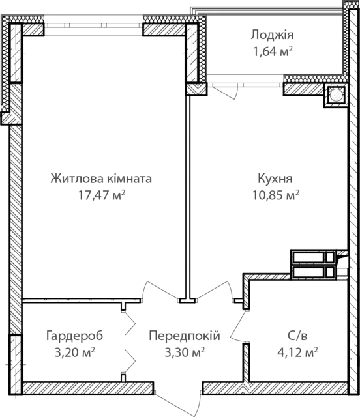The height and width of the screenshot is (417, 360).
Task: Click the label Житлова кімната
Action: (x=101, y=179)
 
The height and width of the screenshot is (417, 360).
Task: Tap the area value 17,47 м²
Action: (x=102, y=195)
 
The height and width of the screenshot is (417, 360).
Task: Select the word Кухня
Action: (x=275, y=179)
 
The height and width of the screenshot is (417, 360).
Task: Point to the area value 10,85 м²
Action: (x=276, y=195)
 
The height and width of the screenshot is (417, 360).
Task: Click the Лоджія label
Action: (x=272, y=35)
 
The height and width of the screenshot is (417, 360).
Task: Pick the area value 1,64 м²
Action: (x=273, y=51)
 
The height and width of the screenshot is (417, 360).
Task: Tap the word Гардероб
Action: (x=74, y=336)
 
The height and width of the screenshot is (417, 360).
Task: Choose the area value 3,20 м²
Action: (x=74, y=352)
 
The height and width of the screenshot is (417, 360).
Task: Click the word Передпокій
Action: (x=185, y=336)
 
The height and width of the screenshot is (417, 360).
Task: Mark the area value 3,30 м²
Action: (x=185, y=352)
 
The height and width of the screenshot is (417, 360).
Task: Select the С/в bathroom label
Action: (x=297, y=336)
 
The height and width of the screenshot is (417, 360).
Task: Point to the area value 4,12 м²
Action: (x=297, y=352)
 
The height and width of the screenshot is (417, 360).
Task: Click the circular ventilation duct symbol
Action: (x=335, y=95)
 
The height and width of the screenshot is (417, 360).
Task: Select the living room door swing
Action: (x=160, y=291)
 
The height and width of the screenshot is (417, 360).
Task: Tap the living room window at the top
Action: (x=93, y=25)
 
